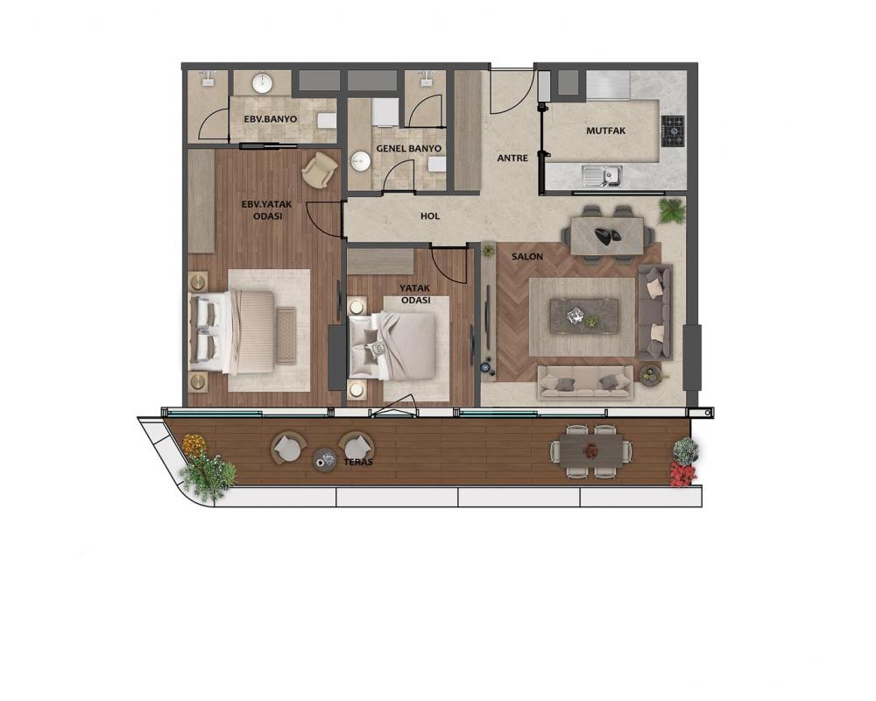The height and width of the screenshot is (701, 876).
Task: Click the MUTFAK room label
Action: point(605,131)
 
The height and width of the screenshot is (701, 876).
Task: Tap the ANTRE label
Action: point(512,159)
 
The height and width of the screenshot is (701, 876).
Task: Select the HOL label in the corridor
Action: point(429,216)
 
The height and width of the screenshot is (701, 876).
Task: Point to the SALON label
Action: point(526,257)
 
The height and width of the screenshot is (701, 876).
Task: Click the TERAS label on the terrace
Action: point(358,463)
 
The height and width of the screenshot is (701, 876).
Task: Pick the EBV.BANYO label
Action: point(271,119)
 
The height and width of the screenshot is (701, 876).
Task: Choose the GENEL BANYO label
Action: point(408,149)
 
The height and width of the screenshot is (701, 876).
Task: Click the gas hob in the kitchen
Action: point(673,131)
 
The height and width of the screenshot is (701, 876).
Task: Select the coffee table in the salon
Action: point(584,315)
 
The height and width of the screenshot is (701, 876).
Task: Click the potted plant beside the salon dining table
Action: point(672,211)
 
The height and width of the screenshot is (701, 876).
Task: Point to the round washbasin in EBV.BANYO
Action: point(262,84)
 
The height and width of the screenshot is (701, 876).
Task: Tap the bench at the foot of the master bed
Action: point(286,336)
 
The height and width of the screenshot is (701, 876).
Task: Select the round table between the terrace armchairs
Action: point(325,459)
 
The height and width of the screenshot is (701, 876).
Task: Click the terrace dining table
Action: point(591,450)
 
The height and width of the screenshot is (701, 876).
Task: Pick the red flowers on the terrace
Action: point(682,475)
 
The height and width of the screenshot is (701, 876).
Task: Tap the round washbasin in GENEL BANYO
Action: point(360,161)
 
